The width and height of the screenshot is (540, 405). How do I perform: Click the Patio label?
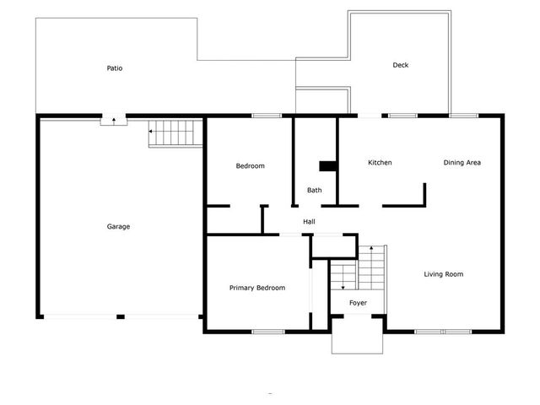click(x=115, y=67)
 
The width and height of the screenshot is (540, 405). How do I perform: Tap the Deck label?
click(x=401, y=65)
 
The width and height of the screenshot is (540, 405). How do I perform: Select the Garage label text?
click(x=118, y=225)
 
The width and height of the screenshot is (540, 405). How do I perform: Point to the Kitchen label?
click(x=380, y=162)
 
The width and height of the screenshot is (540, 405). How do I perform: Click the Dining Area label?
click(x=462, y=162)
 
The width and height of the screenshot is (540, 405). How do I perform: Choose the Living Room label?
click(x=443, y=273)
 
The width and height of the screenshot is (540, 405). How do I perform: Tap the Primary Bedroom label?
click(x=257, y=288)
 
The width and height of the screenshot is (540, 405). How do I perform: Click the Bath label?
click(x=314, y=190)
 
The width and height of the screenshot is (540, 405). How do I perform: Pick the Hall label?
click(x=310, y=221)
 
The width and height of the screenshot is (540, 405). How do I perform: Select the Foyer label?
click(x=358, y=301)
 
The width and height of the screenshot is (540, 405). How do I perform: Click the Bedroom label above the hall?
click(x=250, y=165)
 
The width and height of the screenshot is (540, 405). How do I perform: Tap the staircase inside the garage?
click(x=175, y=133)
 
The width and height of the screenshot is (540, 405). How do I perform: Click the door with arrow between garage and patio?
click(x=113, y=121)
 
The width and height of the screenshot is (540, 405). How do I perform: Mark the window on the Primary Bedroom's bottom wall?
click(x=267, y=331)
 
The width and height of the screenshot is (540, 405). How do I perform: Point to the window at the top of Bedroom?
click(x=267, y=116)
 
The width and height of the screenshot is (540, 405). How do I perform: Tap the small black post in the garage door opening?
click(x=121, y=316)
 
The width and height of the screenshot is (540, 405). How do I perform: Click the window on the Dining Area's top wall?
click(x=462, y=116)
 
